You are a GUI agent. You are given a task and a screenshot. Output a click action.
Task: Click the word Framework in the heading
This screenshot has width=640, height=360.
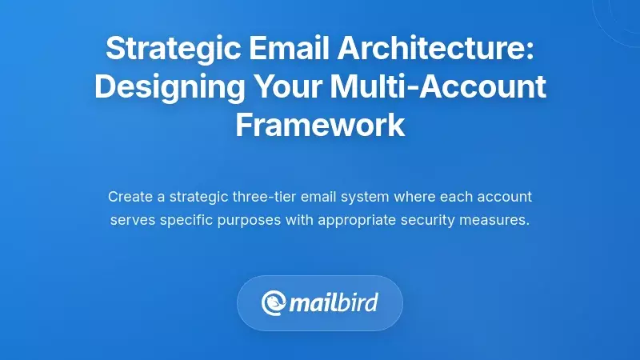(x=320, y=125)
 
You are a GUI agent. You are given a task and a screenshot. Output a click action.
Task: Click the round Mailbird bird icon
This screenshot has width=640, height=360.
(x=273, y=303)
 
